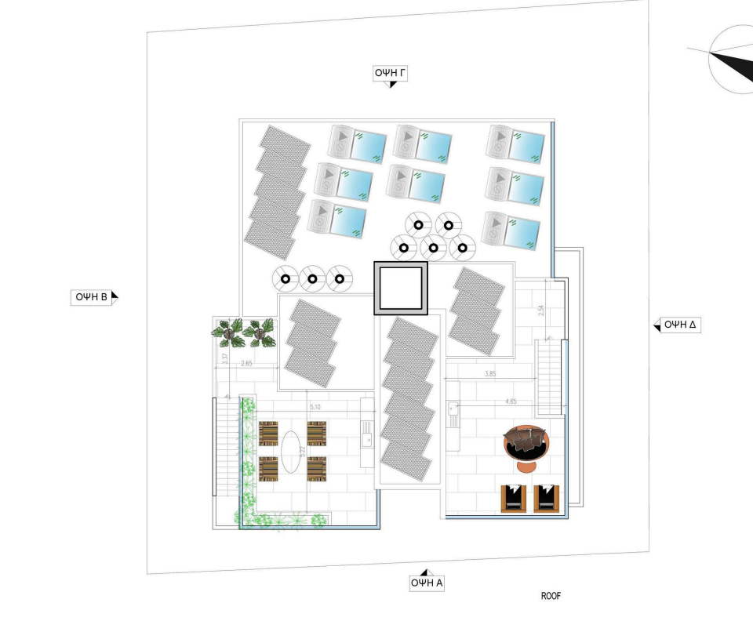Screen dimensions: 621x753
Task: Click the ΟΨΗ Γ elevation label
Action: (390, 74)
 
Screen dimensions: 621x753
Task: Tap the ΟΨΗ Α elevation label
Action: (427, 583)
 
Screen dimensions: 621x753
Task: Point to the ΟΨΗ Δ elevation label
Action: (679, 325)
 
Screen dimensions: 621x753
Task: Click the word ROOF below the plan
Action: (551, 597)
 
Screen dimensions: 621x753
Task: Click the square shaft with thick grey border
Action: (400, 289)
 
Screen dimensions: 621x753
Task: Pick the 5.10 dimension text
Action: (315, 408)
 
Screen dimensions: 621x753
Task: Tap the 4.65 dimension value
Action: (511, 401)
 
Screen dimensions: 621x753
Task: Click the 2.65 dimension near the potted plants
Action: (246, 363)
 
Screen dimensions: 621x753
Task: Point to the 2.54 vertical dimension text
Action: (541, 310)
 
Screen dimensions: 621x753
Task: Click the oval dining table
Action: (292, 452)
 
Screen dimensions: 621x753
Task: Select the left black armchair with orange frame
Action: (512, 498)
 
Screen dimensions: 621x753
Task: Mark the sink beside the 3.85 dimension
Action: (453, 408)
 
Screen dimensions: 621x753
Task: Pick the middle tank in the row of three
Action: (312, 278)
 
